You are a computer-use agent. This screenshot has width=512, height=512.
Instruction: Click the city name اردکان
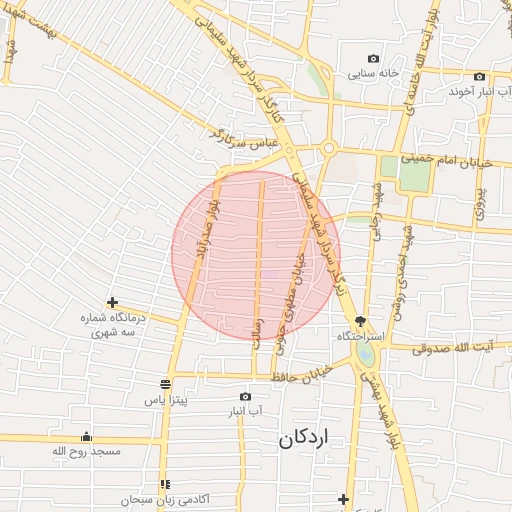[x=306, y=437]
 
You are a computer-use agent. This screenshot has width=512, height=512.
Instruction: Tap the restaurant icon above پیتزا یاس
[x=165, y=383]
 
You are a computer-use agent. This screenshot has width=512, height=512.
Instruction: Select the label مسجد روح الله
[x=86, y=452]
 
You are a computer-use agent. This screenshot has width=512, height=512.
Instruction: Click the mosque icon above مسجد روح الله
[x=86, y=436]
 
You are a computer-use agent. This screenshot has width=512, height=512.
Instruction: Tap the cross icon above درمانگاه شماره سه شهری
[x=112, y=302]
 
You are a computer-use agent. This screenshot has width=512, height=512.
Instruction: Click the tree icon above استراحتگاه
[x=360, y=322]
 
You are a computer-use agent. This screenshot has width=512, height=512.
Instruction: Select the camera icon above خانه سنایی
[x=374, y=59]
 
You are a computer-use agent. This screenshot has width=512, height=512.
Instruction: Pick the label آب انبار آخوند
[x=473, y=91]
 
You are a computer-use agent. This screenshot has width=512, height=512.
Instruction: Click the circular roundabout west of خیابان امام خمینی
[x=328, y=149]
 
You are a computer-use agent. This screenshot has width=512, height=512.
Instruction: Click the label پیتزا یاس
[x=165, y=399]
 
